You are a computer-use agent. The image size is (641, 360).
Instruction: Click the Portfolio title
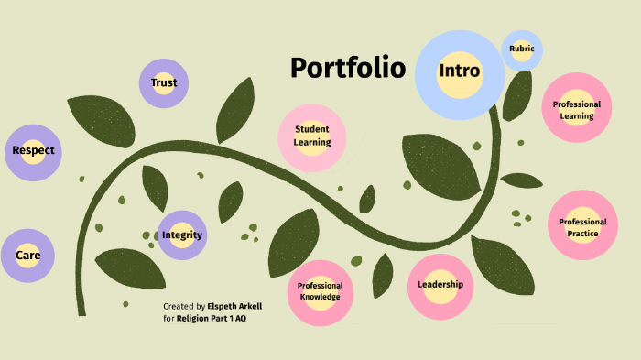coord(347,68)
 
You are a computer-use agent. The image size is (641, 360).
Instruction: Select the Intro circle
coord(460,71)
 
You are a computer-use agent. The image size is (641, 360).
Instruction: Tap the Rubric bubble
coord(522,49)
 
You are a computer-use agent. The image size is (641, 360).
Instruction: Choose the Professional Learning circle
coord(577,110)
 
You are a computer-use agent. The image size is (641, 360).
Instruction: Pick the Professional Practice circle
coord(582,227)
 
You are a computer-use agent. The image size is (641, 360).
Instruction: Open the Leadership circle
coord(440,285)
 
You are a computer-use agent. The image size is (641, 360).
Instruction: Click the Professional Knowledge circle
coord(320,291)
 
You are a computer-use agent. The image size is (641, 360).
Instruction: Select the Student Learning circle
coord(311,136)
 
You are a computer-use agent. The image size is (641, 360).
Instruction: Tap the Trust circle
coord(164,83)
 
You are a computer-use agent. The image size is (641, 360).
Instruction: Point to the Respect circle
coord(33,150)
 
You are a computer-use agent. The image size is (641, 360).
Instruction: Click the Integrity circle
coord(181,235)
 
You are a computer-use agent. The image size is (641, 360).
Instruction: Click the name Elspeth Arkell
coord(234,306)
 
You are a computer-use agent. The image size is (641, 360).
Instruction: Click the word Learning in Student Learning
coord(311,143)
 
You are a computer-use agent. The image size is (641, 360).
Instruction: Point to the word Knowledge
coord(320,297)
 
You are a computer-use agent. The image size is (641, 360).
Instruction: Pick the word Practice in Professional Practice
coord(582,234)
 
